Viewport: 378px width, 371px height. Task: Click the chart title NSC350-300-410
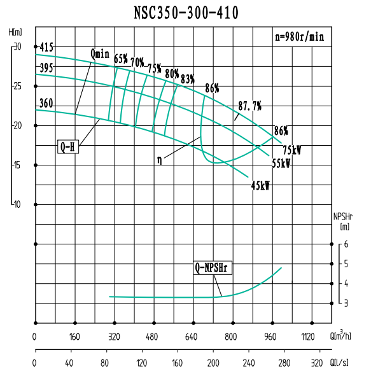pos(186,13)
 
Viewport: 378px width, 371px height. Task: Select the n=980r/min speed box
pos(298,37)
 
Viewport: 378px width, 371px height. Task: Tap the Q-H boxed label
pos(68,146)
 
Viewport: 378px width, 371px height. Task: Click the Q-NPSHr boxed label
pos(213,268)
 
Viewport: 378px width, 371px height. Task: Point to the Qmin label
pos(101,55)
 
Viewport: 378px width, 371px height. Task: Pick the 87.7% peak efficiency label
pos(249,105)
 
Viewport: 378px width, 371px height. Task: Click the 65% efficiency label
pos(121,59)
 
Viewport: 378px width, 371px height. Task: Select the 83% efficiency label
pos(187,79)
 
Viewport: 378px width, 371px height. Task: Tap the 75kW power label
pos(291,150)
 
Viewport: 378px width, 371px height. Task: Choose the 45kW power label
pos(260,186)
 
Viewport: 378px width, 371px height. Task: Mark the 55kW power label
pos(281,163)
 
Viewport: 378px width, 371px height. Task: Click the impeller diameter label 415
pos(46,47)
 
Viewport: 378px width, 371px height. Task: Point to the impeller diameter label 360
pos(46,102)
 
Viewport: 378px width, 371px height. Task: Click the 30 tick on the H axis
pos(17,47)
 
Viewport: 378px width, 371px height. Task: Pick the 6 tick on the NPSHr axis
pos(346,244)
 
